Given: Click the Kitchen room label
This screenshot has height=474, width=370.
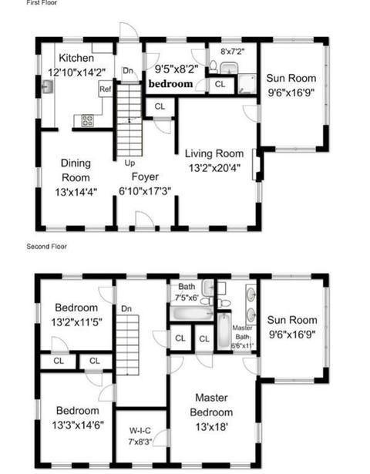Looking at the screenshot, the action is (76, 58).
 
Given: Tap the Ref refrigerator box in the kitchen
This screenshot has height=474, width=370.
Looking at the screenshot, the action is (106, 89).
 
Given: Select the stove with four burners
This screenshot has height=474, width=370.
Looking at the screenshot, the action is (87, 120).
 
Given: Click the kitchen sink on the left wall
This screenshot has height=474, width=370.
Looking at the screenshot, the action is (47, 86).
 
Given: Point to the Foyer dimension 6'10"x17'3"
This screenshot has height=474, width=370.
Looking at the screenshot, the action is (145, 191).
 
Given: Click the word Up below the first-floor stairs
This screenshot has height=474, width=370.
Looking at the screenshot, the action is (129, 163).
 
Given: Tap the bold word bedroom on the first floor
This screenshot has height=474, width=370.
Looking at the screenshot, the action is (170, 84).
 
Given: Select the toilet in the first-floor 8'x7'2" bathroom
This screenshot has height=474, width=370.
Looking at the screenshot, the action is (214, 66).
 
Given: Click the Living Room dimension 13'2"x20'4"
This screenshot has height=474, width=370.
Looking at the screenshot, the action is (214, 168).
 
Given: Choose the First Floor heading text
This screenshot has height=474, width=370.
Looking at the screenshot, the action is (42, 3).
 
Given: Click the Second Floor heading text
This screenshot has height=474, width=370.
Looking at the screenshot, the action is (46, 247).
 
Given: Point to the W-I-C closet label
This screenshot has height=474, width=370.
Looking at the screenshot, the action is (140, 431).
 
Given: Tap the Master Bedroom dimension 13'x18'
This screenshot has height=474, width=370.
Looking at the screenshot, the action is (211, 427).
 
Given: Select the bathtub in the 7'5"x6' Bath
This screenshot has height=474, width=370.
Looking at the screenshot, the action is (192, 313).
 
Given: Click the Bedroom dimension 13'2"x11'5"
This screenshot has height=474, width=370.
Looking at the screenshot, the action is (76, 322).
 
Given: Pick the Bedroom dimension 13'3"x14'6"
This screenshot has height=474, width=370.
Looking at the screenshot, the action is (78, 425).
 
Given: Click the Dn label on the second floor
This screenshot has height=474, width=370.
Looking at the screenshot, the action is (126, 308).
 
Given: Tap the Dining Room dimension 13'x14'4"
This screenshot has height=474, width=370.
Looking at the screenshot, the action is (76, 192).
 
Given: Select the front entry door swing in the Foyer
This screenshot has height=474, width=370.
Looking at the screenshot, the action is (144, 219).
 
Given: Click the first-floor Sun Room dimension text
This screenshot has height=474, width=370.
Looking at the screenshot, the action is (291, 92).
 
